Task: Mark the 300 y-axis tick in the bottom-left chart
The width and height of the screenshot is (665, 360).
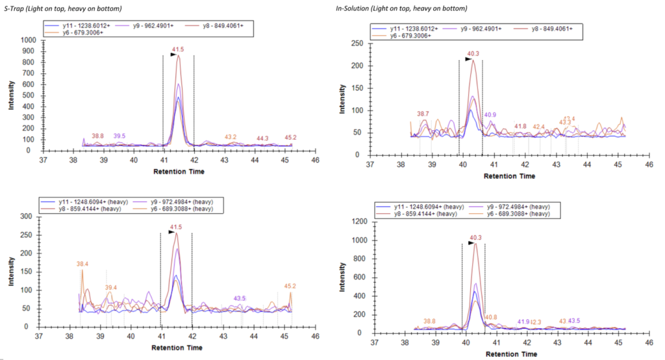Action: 29,216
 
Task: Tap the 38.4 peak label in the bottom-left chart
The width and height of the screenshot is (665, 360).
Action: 82,264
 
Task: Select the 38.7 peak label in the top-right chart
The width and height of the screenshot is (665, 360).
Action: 423,114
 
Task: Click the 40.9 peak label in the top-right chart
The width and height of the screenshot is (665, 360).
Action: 490,115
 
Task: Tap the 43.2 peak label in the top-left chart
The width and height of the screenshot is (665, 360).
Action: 231,137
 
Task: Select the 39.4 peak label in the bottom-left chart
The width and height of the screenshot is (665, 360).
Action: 111,287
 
